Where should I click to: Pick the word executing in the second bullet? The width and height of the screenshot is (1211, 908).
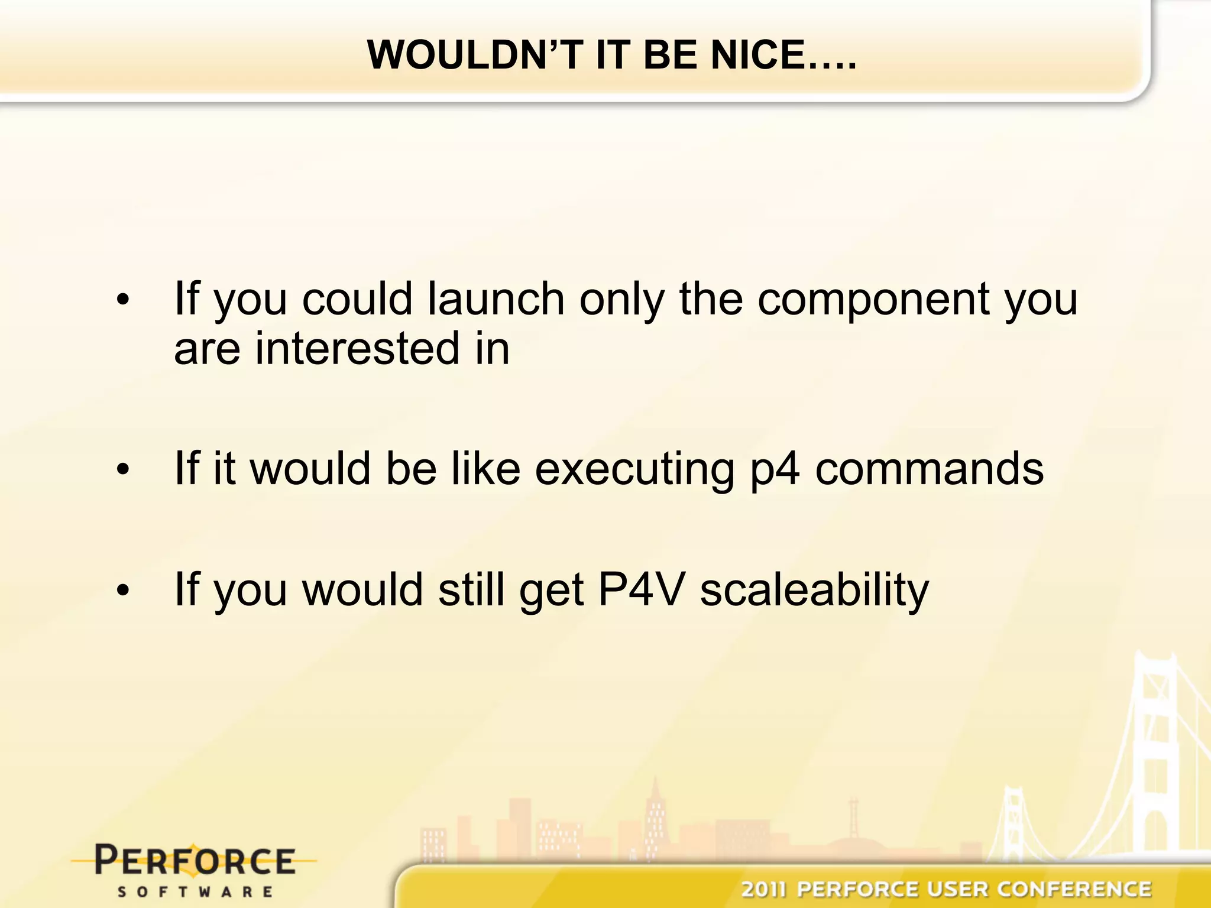[x=634, y=470]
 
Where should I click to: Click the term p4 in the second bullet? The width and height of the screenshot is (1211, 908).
[x=775, y=470]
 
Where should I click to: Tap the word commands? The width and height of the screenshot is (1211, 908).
[x=930, y=469]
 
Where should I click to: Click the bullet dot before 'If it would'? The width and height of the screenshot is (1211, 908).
[x=122, y=470]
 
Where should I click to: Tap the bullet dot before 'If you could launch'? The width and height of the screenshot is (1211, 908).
[x=122, y=300]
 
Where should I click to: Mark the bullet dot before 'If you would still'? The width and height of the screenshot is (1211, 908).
[x=122, y=591]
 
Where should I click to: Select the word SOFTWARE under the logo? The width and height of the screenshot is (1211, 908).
[x=195, y=891]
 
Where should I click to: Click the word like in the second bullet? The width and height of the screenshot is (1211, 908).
[x=485, y=469]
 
